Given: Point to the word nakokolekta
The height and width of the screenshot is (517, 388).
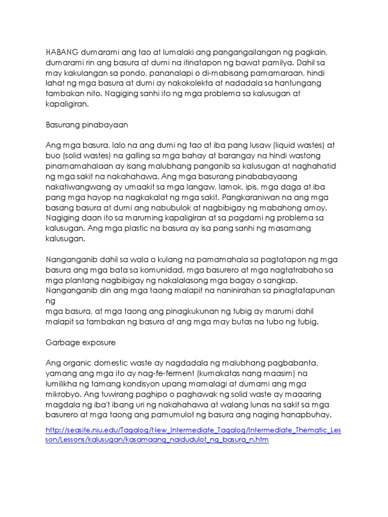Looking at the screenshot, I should tap(214, 83).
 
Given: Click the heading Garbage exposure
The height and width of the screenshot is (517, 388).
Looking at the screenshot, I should tap(80, 343).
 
